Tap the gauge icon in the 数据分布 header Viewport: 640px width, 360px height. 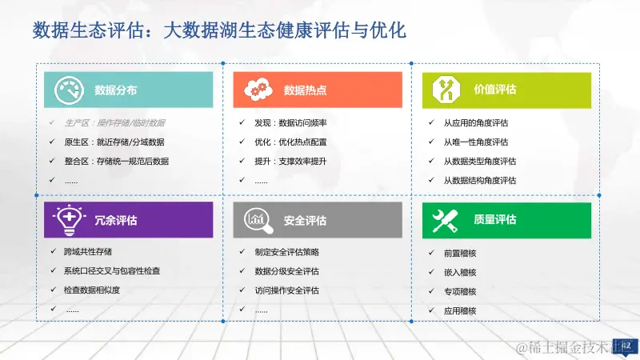pos(69,90)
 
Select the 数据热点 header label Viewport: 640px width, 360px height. pos(305,90)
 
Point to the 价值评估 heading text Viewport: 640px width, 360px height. pos(495,90)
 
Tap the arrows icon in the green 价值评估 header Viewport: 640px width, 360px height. pos(445,90)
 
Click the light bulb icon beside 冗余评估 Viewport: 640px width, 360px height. pos(69,219)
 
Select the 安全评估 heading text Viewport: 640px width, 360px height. pos(305,220)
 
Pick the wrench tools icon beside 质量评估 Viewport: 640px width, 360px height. pos(445,220)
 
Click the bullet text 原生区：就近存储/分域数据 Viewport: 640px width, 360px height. pos(114,142)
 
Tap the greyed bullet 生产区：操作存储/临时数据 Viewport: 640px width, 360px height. pos(114,123)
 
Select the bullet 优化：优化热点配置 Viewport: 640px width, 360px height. pos(290,142)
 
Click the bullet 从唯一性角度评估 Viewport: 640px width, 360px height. pos(476,142)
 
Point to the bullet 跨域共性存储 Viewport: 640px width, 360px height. pos(87,252)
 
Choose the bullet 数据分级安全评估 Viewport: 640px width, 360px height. pos(286,271)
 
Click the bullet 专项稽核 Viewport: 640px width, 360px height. pos(460,291)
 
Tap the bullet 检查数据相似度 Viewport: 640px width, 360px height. pos(91,290)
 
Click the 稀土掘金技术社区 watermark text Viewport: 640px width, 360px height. pos(573,347)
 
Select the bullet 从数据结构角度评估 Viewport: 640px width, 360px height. pos(480,181)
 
